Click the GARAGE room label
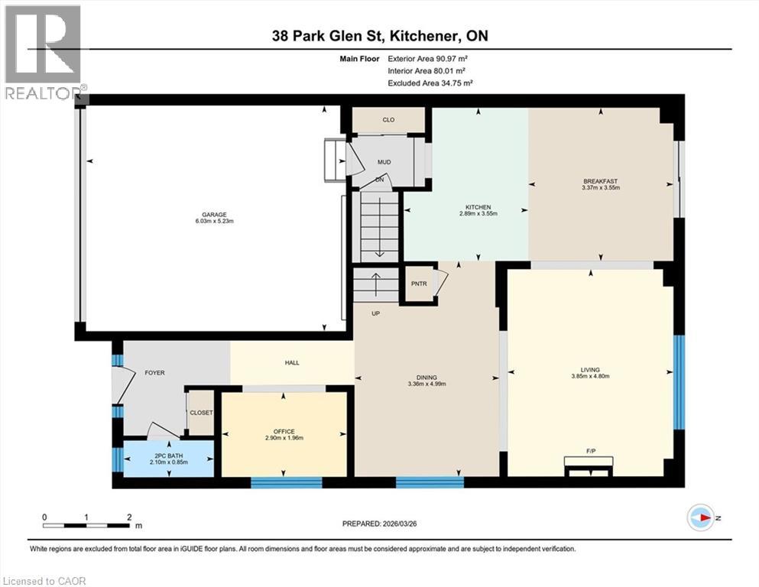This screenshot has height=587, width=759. point(214,214)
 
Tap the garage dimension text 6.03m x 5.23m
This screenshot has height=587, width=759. point(214,222)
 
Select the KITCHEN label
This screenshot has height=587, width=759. point(478,207)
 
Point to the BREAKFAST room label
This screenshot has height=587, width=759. point(600,180)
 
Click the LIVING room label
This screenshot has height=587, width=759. point(589,368)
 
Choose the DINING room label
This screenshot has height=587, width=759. point(427,377)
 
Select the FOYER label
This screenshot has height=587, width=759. point(154,372)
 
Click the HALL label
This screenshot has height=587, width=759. point(292,363)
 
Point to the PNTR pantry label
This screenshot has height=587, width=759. point(418,284)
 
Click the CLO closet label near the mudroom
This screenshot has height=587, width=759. point(388,120)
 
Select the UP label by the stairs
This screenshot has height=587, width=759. point(375,313)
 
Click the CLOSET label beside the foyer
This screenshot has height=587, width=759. point(202,413)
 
